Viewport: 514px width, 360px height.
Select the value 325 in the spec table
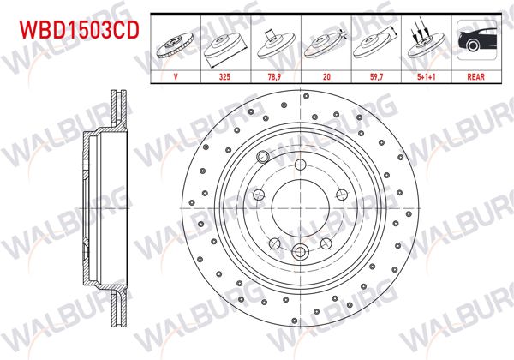point(226,76)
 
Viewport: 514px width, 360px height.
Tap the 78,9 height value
point(276,76)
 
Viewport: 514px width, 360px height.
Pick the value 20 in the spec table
point(326,76)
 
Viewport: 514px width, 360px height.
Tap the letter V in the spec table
point(176,76)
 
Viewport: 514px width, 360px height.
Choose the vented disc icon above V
point(176,43)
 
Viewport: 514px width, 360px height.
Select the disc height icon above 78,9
point(276,43)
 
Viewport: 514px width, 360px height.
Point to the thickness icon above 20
point(326,43)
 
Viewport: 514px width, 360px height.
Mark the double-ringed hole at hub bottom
point(302,252)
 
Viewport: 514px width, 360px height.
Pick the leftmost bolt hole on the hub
point(260,193)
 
